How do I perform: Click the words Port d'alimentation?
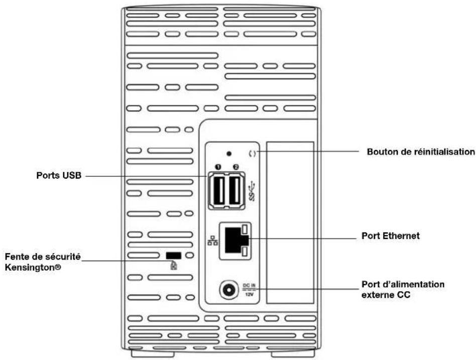tap(396, 284)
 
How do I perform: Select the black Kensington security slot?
tap(173, 256)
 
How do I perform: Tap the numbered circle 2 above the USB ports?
tap(235, 166)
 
